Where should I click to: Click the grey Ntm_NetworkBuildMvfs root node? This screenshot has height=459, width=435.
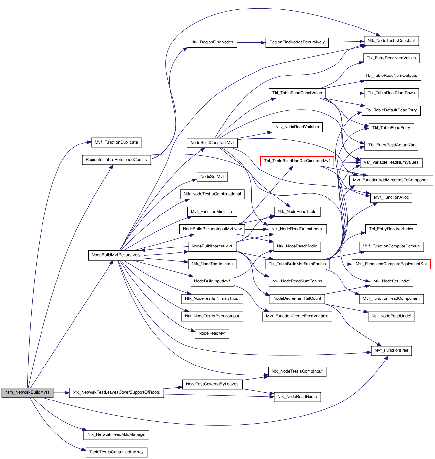coord(27,392)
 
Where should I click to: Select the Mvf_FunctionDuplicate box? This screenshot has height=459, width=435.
coord(116,143)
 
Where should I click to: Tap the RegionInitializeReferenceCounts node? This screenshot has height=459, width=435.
coord(116,160)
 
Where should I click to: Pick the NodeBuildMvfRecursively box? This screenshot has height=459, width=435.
coord(116,255)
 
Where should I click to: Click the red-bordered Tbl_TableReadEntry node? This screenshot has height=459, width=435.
coord(391,128)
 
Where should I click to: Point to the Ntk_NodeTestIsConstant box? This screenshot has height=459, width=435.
coord(391,41)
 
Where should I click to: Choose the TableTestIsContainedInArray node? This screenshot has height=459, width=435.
coord(116,452)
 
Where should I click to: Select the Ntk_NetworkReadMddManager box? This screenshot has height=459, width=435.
coord(116,435)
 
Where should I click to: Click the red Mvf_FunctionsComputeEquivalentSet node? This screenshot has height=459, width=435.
coord(391,264)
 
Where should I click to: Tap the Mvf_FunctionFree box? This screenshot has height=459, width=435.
coord(391,351)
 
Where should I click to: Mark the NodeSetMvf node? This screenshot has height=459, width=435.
coord(212,177)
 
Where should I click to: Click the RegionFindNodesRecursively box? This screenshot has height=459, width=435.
coord(297,42)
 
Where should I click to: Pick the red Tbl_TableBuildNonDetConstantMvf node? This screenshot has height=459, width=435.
coord(297,161)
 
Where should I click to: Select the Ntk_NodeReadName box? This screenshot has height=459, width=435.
coord(297,397)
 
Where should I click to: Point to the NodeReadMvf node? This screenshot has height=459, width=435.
coord(212,334)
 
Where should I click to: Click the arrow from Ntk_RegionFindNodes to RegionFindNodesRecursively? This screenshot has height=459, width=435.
coord(251,43)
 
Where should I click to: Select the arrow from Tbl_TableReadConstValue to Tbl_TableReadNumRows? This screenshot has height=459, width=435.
coord(345,93)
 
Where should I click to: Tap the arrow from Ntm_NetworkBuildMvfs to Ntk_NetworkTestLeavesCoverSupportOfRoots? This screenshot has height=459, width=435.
coord(61,393)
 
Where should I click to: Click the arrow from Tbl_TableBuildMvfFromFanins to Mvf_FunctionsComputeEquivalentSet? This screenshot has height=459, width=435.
coord(341,264)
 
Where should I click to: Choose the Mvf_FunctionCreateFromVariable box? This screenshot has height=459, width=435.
coord(297,316)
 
